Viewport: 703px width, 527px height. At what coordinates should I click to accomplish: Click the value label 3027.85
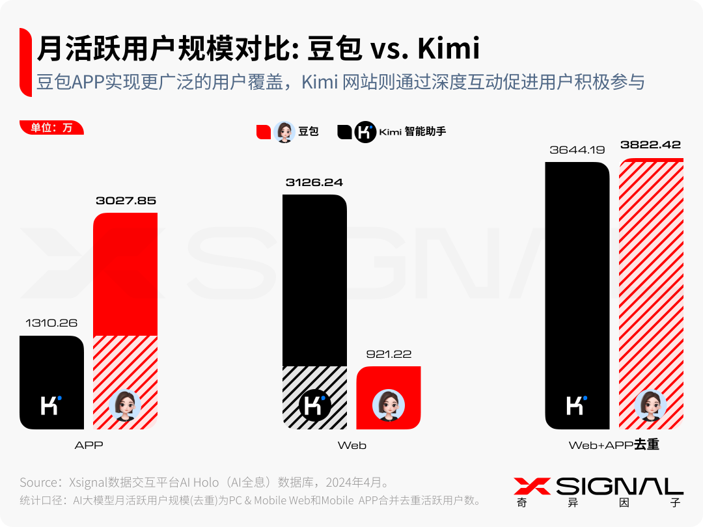coord(126,201)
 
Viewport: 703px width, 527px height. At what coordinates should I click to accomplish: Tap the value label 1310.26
coord(51,323)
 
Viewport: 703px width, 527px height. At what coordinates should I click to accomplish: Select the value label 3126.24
coord(314,183)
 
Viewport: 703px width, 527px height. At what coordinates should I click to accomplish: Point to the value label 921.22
coord(389,355)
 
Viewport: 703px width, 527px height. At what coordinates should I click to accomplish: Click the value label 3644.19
coord(577,150)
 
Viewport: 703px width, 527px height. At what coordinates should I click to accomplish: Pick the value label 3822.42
coord(650,145)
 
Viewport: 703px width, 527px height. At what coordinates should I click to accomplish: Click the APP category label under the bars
coord(89,446)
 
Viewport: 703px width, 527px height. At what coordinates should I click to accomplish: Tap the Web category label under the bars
coord(351,446)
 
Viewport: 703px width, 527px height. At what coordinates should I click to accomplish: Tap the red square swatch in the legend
coord(264,132)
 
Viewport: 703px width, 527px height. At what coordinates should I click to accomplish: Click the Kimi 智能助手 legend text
coord(412,132)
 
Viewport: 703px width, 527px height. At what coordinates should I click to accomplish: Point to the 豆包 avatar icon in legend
coord(284,132)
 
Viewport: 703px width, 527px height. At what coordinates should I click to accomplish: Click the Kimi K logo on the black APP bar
coord(51,405)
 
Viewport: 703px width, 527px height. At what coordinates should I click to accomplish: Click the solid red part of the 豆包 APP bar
coord(126,273)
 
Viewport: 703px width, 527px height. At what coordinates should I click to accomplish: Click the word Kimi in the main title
coord(448,49)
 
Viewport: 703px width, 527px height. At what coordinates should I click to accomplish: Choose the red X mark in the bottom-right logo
coord(532,487)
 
